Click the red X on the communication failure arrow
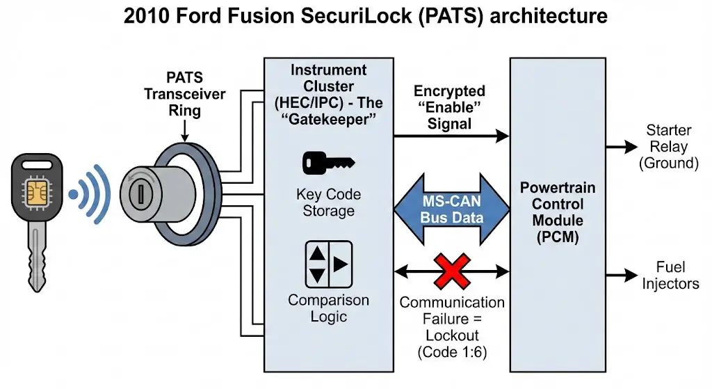[x=452, y=271]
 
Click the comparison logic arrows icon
[x=329, y=262]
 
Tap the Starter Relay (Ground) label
[x=668, y=147]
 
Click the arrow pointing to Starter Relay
[x=621, y=147]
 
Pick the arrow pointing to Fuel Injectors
[x=621, y=275]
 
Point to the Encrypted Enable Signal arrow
[x=452, y=137]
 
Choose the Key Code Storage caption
[x=329, y=203]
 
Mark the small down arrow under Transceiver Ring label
[x=184, y=129]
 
